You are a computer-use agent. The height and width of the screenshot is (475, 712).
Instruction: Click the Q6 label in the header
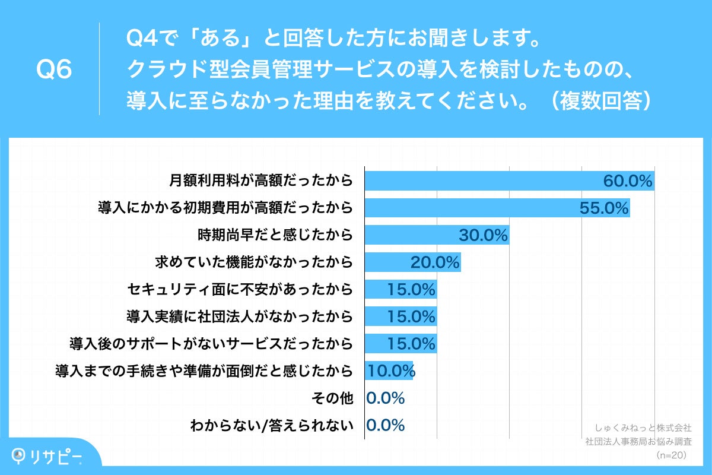pos(55,70)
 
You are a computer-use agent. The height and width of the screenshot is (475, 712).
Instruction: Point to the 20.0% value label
pos(436,262)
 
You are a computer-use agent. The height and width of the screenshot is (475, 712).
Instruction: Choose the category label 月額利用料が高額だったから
pos(261,180)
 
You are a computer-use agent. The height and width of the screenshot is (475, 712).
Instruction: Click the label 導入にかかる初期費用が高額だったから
pos(225,208)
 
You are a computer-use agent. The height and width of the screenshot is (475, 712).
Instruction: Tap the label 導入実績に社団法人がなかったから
pos(240,316)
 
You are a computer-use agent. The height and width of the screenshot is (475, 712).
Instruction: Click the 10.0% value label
pos(390,371)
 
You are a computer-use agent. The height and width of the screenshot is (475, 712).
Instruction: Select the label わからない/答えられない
pos(272,425)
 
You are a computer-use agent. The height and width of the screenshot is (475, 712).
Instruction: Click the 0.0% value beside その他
pos(386,398)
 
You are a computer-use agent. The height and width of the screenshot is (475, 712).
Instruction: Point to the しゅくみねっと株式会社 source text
pos(643,427)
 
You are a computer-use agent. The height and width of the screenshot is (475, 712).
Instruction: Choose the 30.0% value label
pos(483,235)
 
